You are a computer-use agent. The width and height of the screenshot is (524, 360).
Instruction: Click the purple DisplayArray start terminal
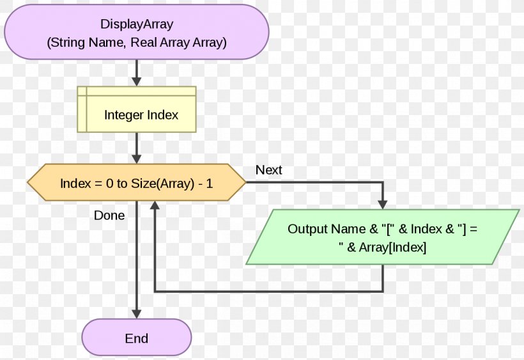[136, 32]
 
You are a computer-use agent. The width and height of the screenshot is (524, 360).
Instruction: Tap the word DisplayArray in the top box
[137, 24]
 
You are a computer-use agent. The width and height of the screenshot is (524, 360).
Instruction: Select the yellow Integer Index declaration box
[137, 109]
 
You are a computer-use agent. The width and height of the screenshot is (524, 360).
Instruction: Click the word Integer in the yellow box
[124, 116]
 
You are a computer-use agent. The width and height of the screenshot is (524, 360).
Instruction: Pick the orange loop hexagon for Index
[136, 183]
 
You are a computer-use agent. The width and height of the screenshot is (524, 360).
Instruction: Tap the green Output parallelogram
[382, 237]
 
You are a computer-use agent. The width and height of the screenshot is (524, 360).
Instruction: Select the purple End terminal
[136, 338]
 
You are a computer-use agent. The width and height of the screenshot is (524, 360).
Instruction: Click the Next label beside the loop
[268, 170]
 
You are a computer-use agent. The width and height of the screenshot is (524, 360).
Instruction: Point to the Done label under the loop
[109, 215]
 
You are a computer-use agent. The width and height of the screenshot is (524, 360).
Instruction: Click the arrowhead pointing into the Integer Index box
[136, 81]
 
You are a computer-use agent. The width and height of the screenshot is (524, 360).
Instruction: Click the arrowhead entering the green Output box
[382, 204]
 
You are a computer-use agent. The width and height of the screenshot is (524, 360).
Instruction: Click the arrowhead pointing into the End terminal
[136, 313]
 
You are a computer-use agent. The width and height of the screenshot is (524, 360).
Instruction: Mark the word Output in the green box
[307, 229]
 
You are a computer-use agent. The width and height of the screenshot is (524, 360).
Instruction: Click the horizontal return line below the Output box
[268, 292]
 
